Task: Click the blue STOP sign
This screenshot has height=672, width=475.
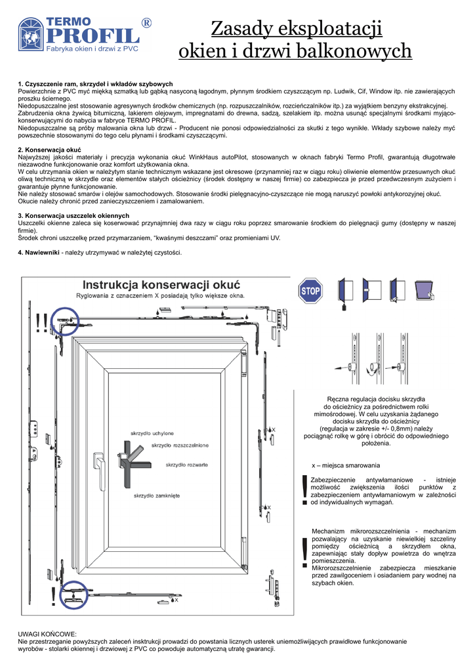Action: tap(310, 291)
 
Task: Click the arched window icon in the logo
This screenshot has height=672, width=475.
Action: tap(31, 34)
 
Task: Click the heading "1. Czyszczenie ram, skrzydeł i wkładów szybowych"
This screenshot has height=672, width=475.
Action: tap(96, 84)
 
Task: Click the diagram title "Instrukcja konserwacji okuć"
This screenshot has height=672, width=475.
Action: tap(161, 285)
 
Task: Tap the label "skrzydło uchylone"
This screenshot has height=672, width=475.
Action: tap(152, 434)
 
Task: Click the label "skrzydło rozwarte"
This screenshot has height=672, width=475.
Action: tap(187, 465)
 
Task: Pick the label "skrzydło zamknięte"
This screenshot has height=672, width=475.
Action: tap(157, 496)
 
